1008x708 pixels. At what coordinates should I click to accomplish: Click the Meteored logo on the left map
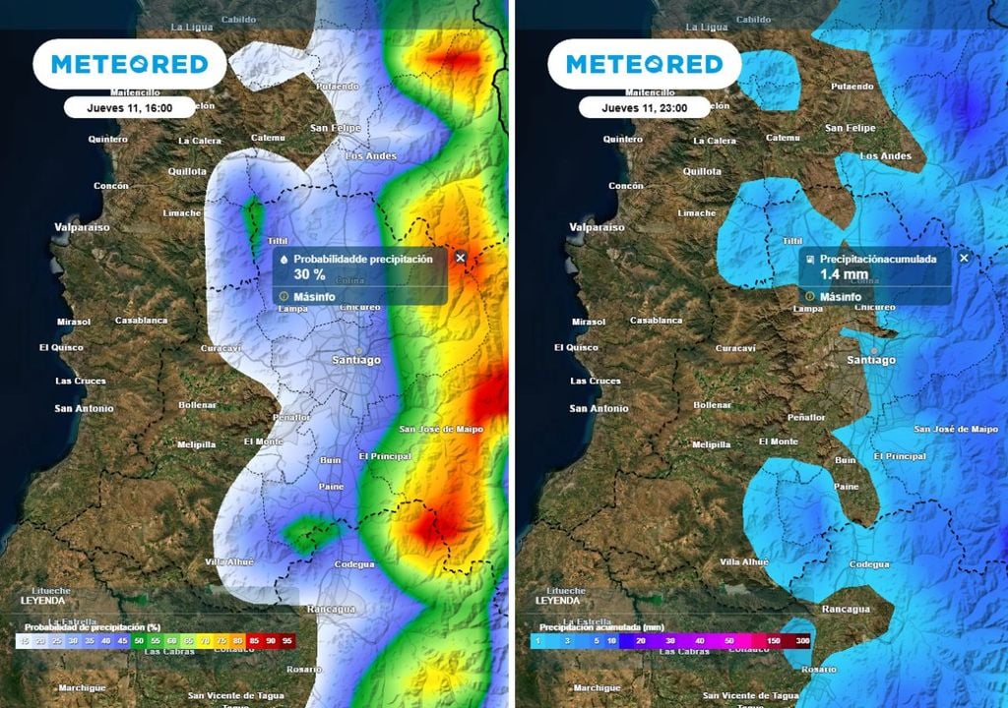130,65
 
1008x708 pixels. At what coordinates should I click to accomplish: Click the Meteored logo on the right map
644,65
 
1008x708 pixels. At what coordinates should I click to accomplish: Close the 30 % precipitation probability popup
460,258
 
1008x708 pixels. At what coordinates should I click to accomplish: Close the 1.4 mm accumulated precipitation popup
964,258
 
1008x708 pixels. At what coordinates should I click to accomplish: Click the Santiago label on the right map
871,360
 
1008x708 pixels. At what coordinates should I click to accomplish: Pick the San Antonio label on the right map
598,408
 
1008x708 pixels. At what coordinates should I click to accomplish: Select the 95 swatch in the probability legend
287,640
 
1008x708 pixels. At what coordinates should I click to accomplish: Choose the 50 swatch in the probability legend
140,640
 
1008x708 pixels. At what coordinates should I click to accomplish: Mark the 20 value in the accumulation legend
641,640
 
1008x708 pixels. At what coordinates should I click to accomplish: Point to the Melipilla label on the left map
196,444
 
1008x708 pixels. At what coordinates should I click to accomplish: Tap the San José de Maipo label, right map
956,429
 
